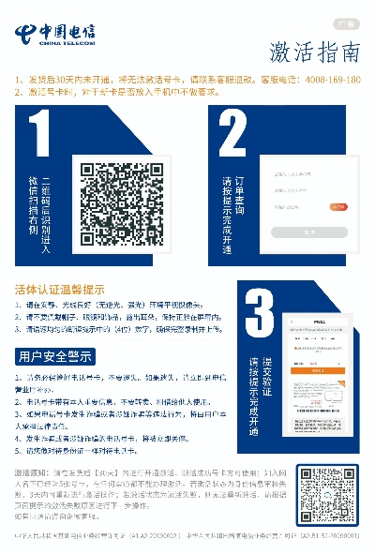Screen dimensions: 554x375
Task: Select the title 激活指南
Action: click(314, 50)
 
